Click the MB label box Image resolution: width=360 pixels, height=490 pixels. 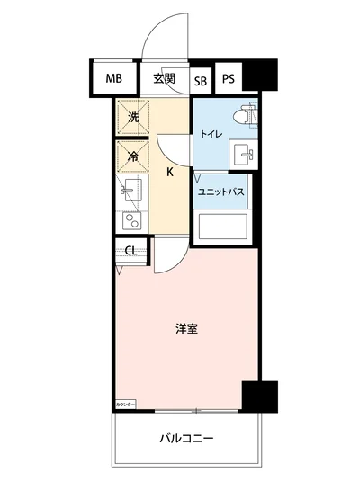pyautogui.click(x=112, y=78)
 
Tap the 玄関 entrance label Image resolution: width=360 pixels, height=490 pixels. pyautogui.click(x=163, y=78)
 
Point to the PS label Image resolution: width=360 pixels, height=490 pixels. pyautogui.click(x=229, y=78)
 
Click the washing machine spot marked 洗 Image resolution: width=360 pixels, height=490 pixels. pyautogui.click(x=131, y=117)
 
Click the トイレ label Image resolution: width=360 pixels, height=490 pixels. pyautogui.click(x=211, y=135)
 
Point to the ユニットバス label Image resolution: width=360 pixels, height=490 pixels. pyautogui.click(x=222, y=192)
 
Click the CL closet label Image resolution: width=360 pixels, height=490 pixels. pyautogui.click(x=130, y=251)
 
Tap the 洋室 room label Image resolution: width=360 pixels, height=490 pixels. pyautogui.click(x=186, y=328)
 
